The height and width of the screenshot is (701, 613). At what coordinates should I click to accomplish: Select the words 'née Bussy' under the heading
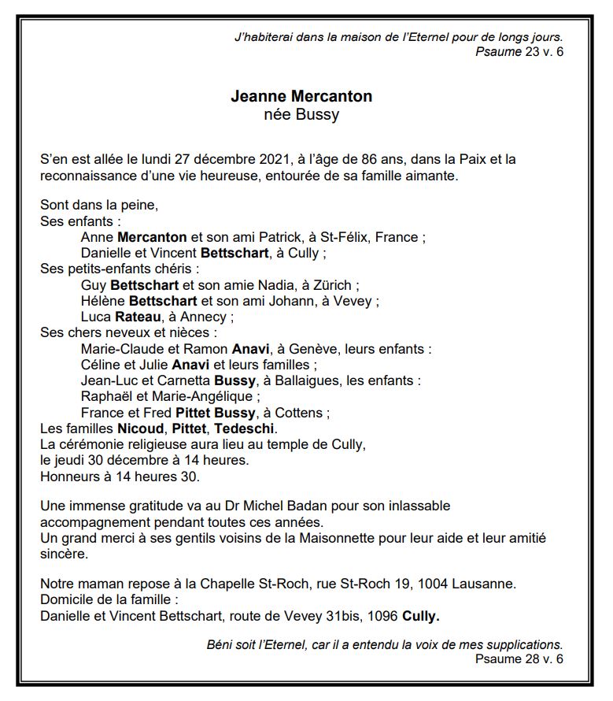click(x=301, y=115)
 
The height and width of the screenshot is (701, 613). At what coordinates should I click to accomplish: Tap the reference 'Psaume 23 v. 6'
click(x=519, y=52)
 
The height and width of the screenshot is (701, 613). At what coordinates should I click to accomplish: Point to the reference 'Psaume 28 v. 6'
click(x=519, y=658)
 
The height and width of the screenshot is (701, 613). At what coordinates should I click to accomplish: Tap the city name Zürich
click(x=333, y=285)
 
